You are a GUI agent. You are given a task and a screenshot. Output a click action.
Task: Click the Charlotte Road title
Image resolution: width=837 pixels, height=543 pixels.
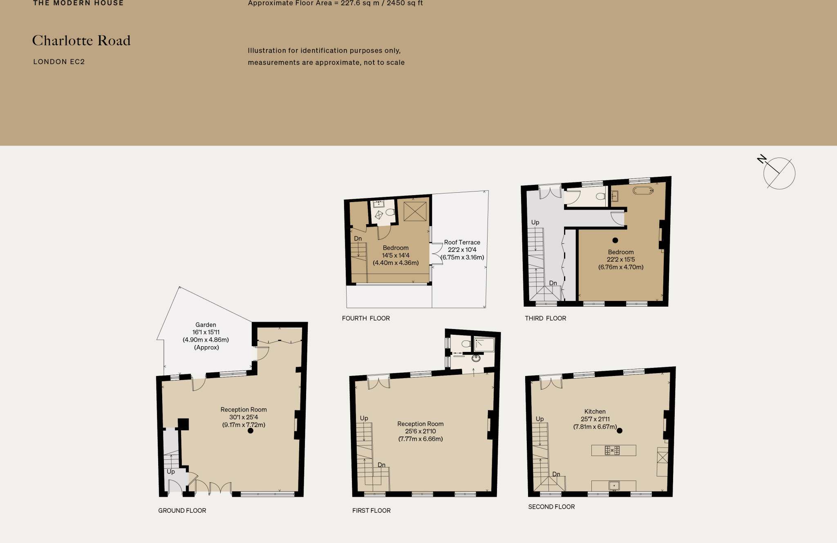[81, 40]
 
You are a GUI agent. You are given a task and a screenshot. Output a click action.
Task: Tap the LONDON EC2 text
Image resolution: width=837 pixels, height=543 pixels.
[59, 62]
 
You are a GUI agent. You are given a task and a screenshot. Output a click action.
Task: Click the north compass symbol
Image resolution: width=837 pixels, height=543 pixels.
[779, 173]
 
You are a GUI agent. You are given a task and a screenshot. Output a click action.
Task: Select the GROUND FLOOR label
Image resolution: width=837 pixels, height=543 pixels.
[182, 510]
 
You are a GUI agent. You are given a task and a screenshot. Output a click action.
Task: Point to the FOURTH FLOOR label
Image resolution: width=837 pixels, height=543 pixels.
[366, 318]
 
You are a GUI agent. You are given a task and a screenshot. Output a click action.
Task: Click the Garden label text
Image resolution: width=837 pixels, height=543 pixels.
[206, 325]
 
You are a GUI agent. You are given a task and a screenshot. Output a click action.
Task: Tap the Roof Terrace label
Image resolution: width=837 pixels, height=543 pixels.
[462, 242]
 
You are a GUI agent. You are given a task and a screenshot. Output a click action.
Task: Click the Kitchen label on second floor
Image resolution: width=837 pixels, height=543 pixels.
[595, 412]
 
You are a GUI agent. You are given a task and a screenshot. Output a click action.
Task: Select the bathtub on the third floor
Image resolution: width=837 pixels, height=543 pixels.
[643, 191]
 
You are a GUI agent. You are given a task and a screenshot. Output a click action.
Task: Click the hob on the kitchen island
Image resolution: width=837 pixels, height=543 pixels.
[612, 450]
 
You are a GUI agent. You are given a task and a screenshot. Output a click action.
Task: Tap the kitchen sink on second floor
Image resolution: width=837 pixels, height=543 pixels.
[614, 485]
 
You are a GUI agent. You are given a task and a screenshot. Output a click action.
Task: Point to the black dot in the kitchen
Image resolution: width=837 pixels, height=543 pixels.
[619, 430]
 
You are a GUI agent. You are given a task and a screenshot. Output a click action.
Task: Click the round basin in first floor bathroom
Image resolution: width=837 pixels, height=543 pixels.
[476, 358]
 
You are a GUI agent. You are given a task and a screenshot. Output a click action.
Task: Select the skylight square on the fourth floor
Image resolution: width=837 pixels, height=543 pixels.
[415, 211]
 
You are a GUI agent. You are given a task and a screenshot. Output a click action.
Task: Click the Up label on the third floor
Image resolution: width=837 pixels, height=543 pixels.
[535, 223]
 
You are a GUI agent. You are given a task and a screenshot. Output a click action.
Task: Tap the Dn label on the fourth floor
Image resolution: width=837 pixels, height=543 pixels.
[358, 238]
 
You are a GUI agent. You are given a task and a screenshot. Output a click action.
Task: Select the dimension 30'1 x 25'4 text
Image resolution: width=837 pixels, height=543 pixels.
[244, 417]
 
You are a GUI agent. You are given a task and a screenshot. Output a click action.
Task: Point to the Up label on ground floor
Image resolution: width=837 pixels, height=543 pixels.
[170, 472]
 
